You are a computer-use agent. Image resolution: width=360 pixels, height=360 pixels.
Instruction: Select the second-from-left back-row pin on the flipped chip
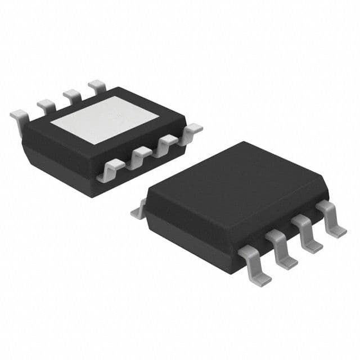[x=46, y=105]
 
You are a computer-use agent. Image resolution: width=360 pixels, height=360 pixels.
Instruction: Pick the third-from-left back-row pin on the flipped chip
[x=72, y=94]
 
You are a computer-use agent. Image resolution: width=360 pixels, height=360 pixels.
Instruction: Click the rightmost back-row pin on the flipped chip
[x=97, y=85]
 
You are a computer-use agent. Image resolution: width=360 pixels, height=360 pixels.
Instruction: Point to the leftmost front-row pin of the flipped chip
[x=110, y=169]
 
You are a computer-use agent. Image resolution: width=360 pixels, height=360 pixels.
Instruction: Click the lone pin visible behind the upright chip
[x=138, y=211]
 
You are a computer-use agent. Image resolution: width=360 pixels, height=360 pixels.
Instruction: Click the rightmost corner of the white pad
[x=159, y=116]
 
